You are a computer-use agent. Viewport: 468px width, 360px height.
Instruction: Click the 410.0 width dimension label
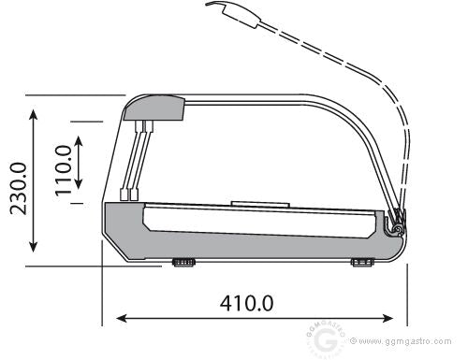point(246,303)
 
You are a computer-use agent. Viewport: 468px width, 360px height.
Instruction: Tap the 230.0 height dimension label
point(18,189)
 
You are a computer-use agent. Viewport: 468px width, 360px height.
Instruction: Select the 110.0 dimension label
point(64,170)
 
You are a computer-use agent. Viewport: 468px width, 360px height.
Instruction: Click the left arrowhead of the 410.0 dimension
point(121,318)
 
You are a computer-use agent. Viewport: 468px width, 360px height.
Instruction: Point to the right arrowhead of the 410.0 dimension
point(388,318)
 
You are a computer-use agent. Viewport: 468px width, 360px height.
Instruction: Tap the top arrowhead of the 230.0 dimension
point(34,114)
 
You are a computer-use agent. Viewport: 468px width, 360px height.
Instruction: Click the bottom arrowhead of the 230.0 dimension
point(34,247)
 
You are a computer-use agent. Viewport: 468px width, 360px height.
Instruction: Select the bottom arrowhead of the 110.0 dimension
point(79,184)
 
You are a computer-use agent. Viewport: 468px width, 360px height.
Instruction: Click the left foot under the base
point(183,263)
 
